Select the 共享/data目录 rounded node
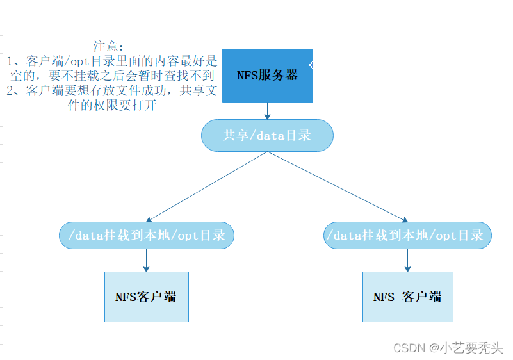(267, 136)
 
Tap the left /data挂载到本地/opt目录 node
(146, 235)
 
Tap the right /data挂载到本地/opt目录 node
(408, 235)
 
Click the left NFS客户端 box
(146, 297)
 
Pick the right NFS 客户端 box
(408, 297)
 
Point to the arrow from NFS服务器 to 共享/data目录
(267, 111)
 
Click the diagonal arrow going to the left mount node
(205, 186)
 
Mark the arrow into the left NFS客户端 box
(146, 260)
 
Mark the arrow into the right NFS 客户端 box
(408, 260)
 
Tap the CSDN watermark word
(410, 347)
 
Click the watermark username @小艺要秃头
(466, 347)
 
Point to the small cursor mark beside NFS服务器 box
(312, 65)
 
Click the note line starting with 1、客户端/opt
(112, 61)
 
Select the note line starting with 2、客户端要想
(112, 91)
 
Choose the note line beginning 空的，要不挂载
(112, 76)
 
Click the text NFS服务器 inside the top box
(268, 75)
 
